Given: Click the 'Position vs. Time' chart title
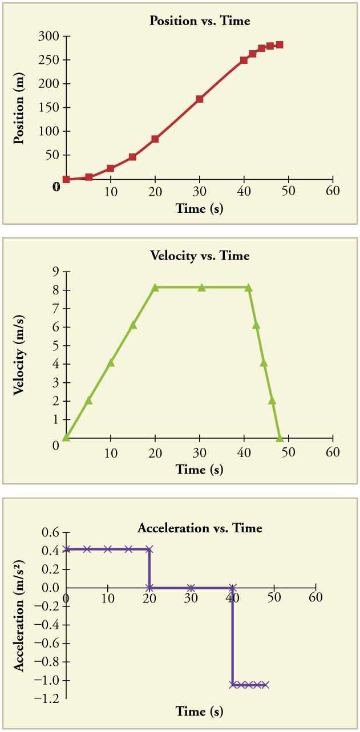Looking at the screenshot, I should click(199, 21).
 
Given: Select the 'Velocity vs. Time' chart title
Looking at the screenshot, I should click(200, 256).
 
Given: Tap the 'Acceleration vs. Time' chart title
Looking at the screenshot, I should click(200, 528).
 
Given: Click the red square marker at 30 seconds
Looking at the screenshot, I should click(200, 99).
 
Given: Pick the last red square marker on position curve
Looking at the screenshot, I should click(279, 45).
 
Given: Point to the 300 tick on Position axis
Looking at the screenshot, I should click(52, 37).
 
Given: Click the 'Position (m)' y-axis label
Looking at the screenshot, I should click(19, 108).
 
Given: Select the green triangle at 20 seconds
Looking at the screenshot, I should click(155, 288).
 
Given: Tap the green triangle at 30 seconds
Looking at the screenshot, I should click(201, 288).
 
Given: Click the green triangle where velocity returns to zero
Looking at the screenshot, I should click(280, 438).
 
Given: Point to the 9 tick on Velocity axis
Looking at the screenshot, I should click(56, 272).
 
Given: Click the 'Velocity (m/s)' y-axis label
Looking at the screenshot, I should click(19, 355).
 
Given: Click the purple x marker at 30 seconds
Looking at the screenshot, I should click(191, 588).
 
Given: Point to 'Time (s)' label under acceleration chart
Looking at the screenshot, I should click(200, 711).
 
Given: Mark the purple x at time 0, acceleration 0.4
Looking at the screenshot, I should click(67, 549).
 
